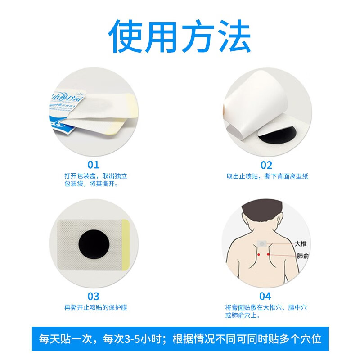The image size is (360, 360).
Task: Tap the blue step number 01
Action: [x=93, y=165]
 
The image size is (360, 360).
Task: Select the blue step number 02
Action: [x=266, y=165]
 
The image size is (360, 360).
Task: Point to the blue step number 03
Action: [x=93, y=296]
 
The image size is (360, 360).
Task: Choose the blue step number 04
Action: [x=265, y=296]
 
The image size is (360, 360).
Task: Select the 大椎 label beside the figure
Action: [x=301, y=243]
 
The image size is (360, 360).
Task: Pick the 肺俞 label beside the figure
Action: [x=301, y=256]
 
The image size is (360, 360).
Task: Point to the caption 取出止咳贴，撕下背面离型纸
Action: [x=267, y=176]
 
